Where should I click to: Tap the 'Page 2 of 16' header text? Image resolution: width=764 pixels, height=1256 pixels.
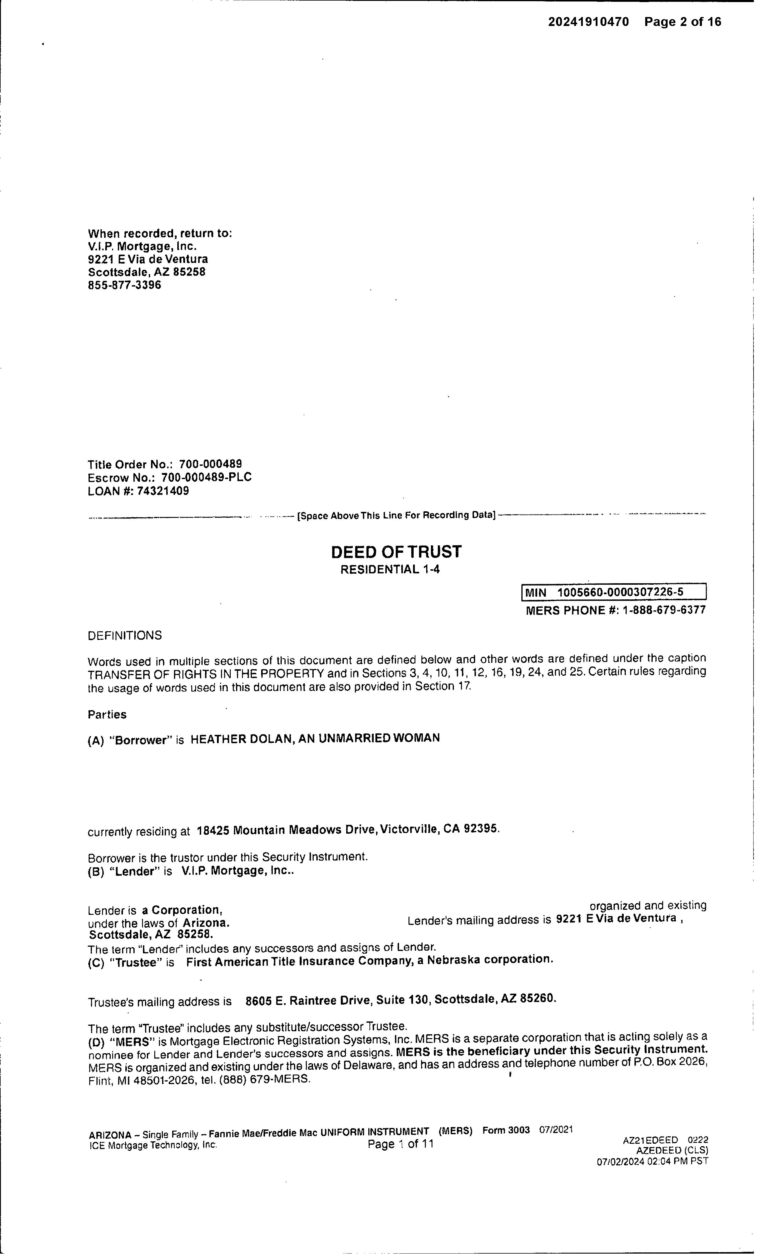point(683,22)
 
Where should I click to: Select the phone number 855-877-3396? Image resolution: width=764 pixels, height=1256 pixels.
point(124,285)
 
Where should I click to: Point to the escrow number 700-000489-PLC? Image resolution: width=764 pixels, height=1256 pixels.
point(206,478)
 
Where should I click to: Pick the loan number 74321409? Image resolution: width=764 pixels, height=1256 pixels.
point(163,491)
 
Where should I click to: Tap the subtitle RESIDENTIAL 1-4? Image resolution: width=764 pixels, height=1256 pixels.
point(390,569)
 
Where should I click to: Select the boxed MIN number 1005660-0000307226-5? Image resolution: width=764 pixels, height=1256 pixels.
point(620,592)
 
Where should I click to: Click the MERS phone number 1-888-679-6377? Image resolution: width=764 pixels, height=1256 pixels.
point(663,610)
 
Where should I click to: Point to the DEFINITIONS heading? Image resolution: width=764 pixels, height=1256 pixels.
point(125,636)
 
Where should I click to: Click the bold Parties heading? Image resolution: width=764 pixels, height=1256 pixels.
point(107,715)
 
